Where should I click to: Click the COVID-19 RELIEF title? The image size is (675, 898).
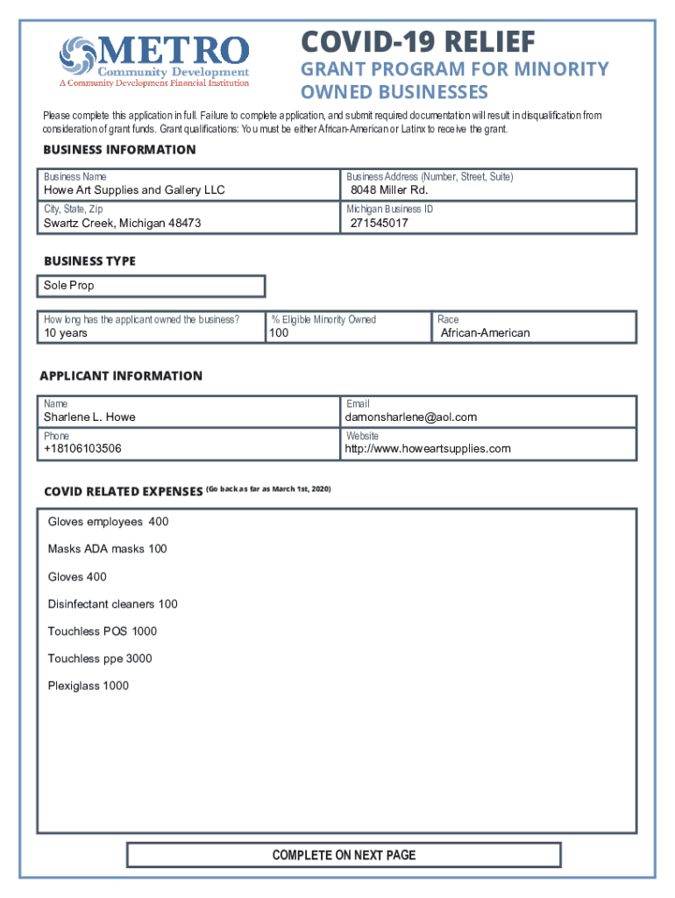coord(417,41)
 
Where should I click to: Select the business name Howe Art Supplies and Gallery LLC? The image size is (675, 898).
coord(134,190)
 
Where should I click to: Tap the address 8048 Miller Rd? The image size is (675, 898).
coord(389,190)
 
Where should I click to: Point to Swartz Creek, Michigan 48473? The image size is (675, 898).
coord(123,224)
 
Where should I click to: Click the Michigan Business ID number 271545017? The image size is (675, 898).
coord(379,224)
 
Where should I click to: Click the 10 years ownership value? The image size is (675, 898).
coord(66,333)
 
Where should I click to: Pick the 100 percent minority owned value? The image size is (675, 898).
coord(280,333)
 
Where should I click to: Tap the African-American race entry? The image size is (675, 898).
coord(485,333)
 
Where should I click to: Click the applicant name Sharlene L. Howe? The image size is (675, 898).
coord(89,417)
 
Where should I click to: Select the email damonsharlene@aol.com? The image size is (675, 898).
coord(411,417)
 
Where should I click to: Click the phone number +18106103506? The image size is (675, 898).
coord(82,449)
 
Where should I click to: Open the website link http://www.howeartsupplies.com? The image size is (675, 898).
coord(428,449)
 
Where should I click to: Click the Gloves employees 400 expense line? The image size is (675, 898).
coord(108,522)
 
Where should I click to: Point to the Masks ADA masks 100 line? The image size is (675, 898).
coord(107,549)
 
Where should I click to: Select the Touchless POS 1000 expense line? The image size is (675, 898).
coord(103,631)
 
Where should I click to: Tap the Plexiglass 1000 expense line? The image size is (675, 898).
coord(88,686)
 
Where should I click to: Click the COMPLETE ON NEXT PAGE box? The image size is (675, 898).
coord(344,855)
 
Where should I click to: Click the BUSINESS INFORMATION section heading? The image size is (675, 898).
coord(120,150)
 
